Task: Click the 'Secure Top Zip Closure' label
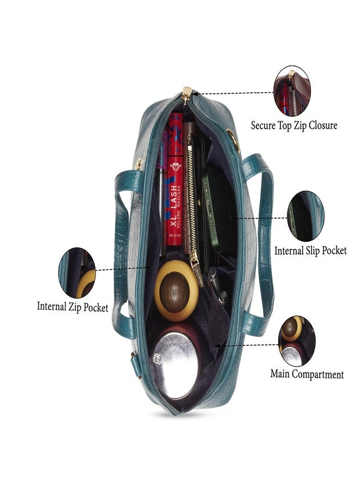(x=293, y=125)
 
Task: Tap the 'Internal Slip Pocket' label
(x=310, y=250)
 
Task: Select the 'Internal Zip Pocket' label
(x=73, y=307)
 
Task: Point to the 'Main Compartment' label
(x=307, y=374)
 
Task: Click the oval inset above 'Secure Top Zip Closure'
(x=292, y=91)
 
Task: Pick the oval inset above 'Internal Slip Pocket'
(x=305, y=216)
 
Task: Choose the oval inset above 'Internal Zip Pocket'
(x=77, y=272)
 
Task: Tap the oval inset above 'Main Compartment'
(x=297, y=341)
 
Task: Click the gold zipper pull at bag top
(x=187, y=95)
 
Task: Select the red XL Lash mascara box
(x=175, y=179)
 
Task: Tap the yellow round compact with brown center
(x=176, y=291)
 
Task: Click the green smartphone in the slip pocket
(x=216, y=209)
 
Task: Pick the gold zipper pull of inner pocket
(x=196, y=266)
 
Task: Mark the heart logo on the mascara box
(x=175, y=167)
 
